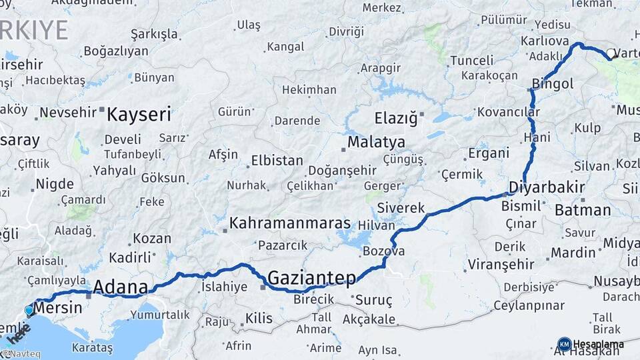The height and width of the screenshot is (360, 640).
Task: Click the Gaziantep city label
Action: pyautogui.click(x=311, y=277)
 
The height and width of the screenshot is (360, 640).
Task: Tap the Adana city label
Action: pyautogui.click(x=120, y=287)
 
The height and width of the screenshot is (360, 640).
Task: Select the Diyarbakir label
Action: pyautogui.click(x=547, y=187)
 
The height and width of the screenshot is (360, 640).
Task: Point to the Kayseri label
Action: pyautogui.click(x=139, y=114)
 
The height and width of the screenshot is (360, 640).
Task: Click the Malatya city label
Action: pyautogui.click(x=376, y=142)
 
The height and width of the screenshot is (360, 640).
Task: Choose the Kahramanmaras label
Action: pyautogui.click(x=290, y=223)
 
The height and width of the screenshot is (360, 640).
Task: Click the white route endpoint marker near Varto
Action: pyautogui.click(x=611, y=53)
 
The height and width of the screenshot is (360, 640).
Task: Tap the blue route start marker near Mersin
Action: pyautogui.click(x=29, y=310)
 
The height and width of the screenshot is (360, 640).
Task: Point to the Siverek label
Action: pyautogui.click(x=401, y=208)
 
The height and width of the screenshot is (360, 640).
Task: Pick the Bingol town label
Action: pyautogui.click(x=553, y=84)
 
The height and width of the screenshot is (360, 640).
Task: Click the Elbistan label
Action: pyautogui.click(x=277, y=161)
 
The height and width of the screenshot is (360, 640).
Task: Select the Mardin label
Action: pyautogui.click(x=573, y=253)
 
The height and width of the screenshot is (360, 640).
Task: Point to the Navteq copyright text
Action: pyautogui.click(x=21, y=354)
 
